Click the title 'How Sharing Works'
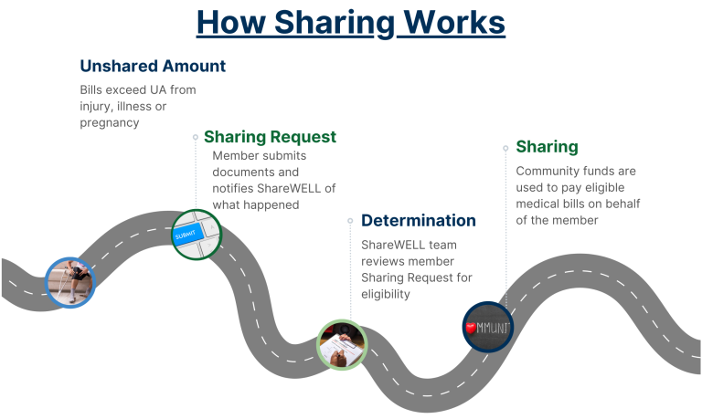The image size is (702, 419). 351,22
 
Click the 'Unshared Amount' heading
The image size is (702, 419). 153,66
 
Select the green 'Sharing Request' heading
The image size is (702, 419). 270,137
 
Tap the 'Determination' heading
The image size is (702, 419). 419,220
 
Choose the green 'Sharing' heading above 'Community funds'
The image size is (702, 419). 547,146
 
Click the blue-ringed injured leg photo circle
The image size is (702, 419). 70,281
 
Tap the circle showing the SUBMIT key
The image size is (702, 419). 197,234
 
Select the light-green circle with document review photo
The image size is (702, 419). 342,344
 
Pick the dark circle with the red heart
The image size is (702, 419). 488,326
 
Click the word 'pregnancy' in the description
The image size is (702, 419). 109,121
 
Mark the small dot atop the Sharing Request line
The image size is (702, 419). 196,137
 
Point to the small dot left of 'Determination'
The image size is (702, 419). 351,220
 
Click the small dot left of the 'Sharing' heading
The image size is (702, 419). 505,146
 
